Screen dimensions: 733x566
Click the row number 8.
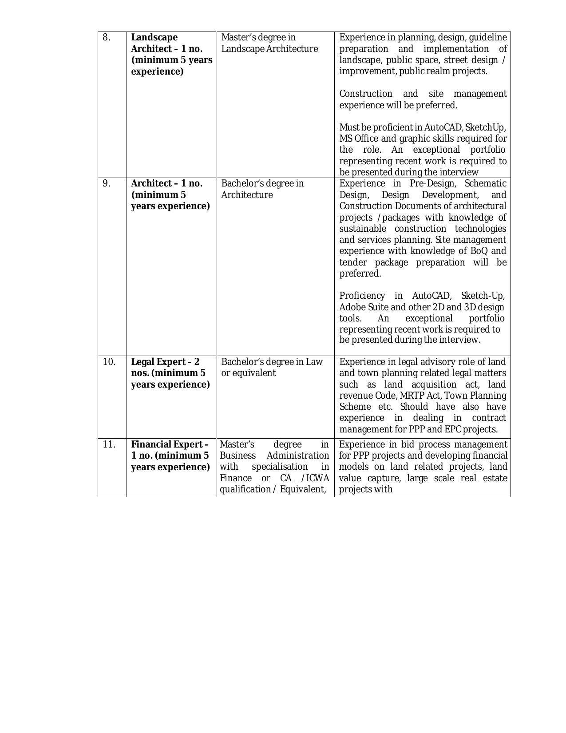point(107,38)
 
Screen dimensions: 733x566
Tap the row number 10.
point(109,362)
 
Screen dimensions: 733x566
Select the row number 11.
point(109,444)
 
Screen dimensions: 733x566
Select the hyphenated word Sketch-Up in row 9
point(483,296)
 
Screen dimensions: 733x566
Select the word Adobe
point(352,307)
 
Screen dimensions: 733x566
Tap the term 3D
point(470,307)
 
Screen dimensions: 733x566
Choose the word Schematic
point(485,183)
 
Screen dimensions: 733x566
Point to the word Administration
point(298,456)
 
